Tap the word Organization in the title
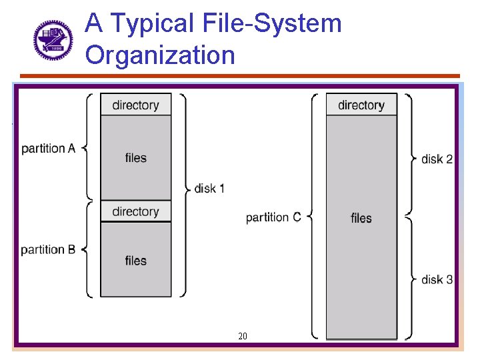pos(160,55)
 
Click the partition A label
pos(48,148)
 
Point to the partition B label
pos(48,250)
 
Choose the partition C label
pos(273,217)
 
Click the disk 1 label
pos(209,189)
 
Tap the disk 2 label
pos(437,159)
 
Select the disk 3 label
pos(437,279)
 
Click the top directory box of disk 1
pos(136,105)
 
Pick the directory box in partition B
pos(136,211)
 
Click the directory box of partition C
pos(361,105)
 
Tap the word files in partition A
pos(136,158)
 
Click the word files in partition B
pos(136,261)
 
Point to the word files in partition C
pos(361,218)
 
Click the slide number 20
pos(243,336)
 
